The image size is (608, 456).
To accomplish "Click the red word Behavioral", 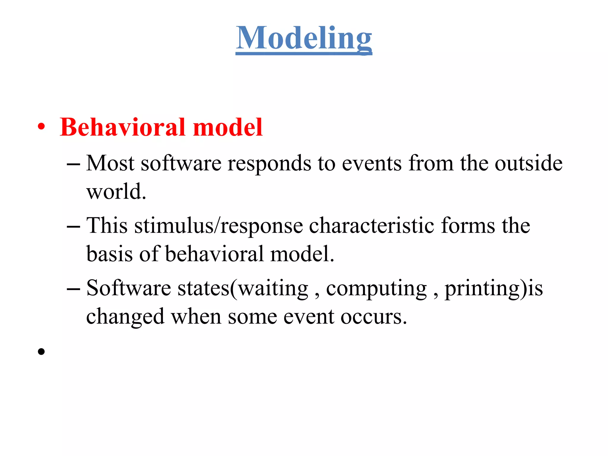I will (123, 127).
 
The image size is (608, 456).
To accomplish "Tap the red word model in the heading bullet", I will (228, 127).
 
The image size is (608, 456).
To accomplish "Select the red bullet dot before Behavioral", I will (41, 127).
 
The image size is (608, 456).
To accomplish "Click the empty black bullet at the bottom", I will (41, 351).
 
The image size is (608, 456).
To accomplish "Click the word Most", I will (110, 163).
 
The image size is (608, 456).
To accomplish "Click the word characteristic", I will (372, 226).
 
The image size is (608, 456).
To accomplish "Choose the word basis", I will (109, 254).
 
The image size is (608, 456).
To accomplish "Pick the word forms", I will (468, 226).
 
